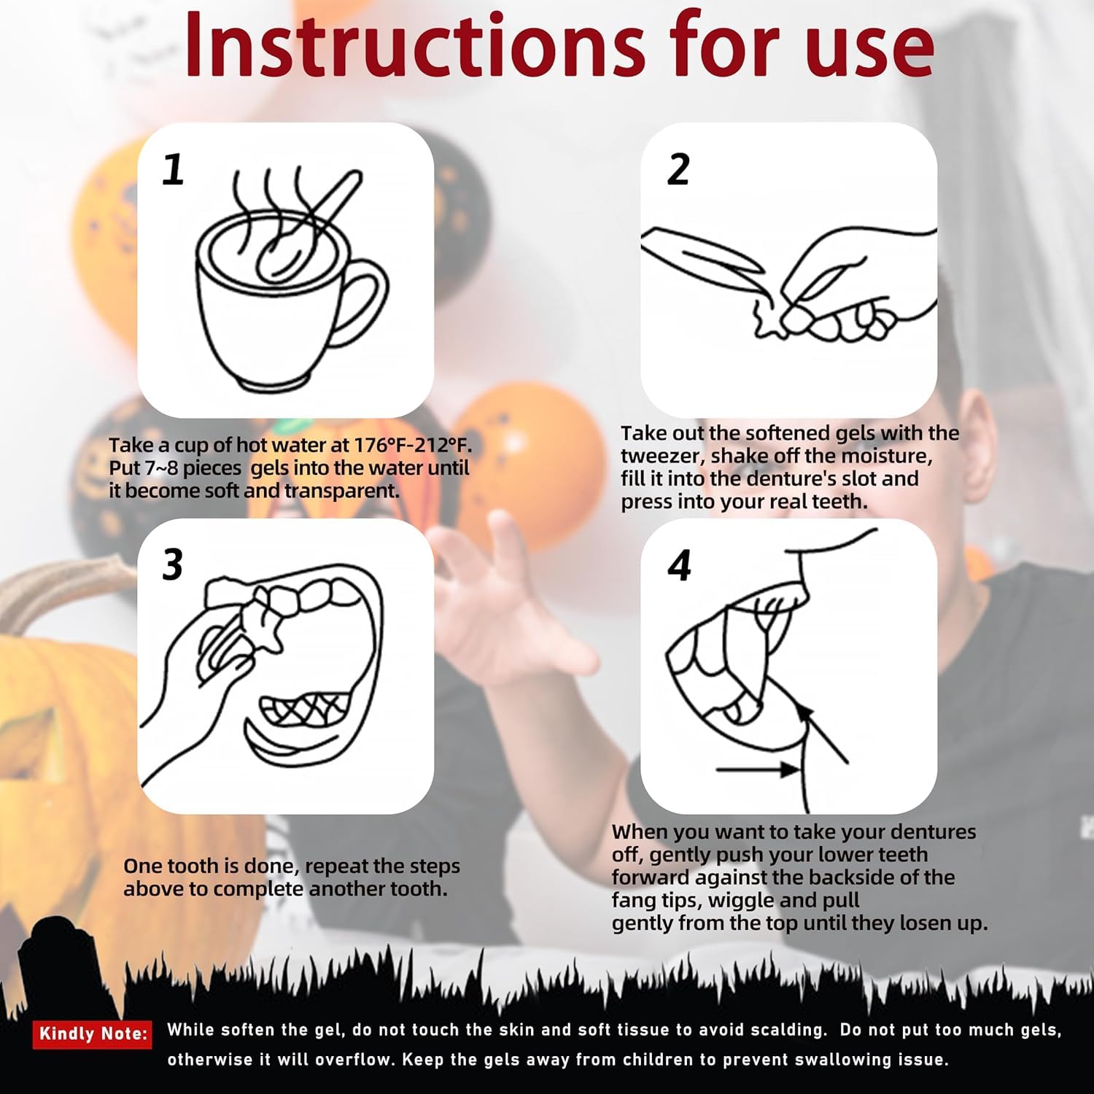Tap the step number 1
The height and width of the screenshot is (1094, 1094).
click(x=173, y=169)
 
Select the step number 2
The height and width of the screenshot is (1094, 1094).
click(x=678, y=169)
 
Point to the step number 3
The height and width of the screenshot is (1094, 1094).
click(x=173, y=565)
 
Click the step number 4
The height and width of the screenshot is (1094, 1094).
click(x=679, y=565)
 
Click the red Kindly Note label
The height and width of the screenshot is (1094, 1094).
click(x=93, y=1033)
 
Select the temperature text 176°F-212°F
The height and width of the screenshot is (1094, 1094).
click(x=413, y=445)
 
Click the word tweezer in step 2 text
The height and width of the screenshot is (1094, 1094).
click(x=663, y=457)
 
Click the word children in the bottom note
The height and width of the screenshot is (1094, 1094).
click(x=678, y=1059)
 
